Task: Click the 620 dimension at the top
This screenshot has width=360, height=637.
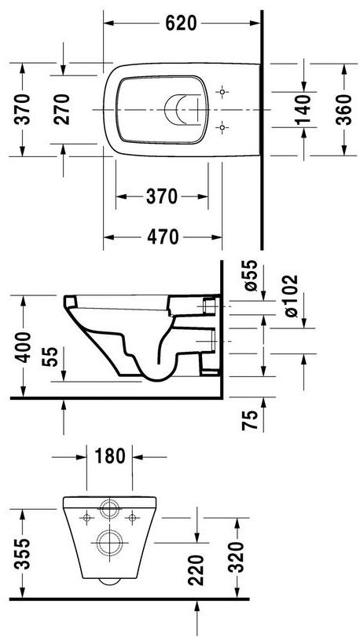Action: click(181, 24)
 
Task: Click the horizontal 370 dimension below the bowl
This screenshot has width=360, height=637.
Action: click(162, 197)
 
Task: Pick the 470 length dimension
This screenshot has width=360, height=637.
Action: click(162, 236)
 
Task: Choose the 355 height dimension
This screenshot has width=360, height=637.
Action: click(23, 553)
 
